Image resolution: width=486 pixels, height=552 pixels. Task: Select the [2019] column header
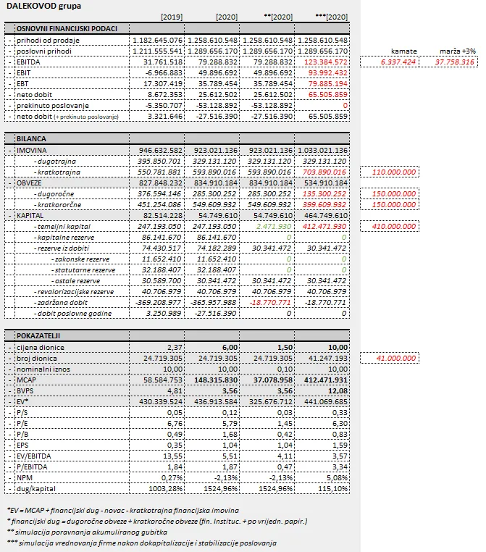click(x=172, y=17)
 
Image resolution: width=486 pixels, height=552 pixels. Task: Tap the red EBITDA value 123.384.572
click(x=324, y=62)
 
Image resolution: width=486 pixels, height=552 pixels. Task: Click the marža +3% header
click(x=457, y=51)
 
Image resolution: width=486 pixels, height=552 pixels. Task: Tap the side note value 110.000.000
click(x=395, y=172)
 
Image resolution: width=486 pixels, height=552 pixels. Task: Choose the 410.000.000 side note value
click(x=395, y=227)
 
